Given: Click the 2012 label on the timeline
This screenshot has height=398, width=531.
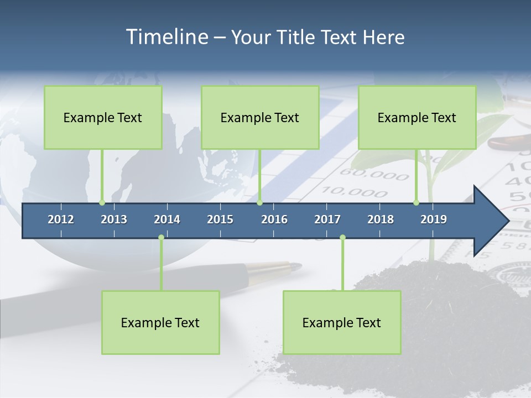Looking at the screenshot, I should (x=61, y=219).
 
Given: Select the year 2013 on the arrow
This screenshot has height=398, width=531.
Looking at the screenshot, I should (x=114, y=219).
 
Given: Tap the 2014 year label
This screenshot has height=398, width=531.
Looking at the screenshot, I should (x=167, y=219).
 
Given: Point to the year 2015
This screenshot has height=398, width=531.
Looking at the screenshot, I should (x=220, y=219).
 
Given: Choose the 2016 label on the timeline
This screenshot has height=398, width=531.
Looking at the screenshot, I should (x=274, y=219).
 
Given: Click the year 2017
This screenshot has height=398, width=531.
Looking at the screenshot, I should (x=327, y=219).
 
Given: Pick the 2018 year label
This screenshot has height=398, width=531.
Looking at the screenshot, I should (x=381, y=219).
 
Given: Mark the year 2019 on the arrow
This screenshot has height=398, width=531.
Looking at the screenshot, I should (x=434, y=219).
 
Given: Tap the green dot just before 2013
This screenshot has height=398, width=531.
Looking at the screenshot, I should (x=102, y=202).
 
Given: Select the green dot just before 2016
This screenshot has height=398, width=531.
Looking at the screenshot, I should (x=260, y=202).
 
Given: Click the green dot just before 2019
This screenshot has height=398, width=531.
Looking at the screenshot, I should (x=416, y=202).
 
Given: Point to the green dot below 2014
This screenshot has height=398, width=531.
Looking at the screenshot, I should (x=161, y=238).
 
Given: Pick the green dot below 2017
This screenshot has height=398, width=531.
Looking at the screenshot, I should (x=342, y=238).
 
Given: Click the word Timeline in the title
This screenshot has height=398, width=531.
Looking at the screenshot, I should (x=166, y=37).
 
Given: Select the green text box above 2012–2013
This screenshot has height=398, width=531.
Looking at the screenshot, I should (x=103, y=117).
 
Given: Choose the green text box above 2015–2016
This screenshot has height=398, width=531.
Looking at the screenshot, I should (x=260, y=117).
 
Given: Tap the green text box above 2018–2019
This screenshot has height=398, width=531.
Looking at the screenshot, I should (x=417, y=117).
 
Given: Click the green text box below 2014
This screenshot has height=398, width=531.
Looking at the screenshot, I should (x=160, y=322).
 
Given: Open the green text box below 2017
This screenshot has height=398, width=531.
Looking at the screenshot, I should (x=342, y=322).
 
